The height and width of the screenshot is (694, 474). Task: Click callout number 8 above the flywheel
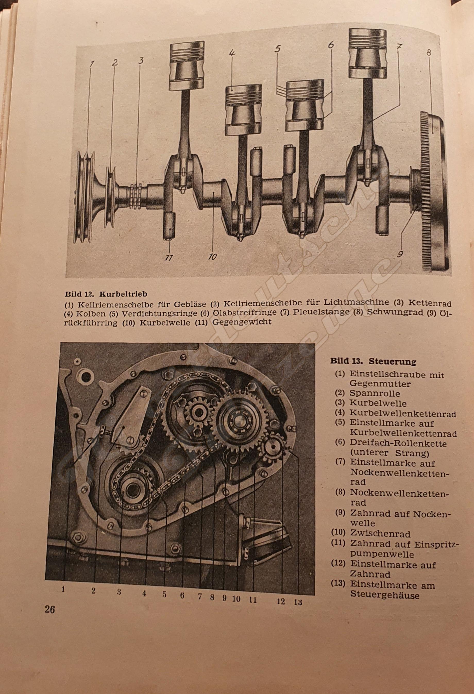[x=429, y=53]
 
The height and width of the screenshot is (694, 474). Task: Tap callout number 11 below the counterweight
[x=169, y=257]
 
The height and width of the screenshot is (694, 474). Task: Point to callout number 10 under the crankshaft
[x=212, y=256]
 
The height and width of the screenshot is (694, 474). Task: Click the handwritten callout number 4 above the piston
[x=232, y=53]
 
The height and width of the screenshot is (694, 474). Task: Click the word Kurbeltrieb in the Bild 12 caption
[x=123, y=294]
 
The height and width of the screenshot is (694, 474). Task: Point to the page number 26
[x=50, y=609]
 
